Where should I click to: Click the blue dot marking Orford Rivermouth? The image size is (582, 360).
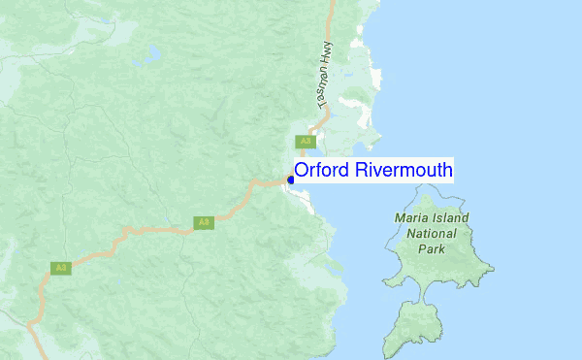(x=291, y=180)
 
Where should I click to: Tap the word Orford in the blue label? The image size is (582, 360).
(x=322, y=171)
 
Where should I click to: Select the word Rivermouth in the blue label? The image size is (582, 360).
(x=403, y=171)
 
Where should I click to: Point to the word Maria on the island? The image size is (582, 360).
(x=411, y=218)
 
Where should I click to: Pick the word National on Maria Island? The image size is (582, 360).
(x=432, y=234)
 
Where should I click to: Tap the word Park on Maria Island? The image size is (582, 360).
(x=432, y=249)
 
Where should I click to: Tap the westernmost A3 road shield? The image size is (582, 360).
(x=60, y=267)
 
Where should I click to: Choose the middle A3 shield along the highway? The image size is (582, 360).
(x=203, y=222)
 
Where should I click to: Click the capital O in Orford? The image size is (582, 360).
(x=302, y=171)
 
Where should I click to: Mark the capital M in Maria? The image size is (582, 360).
(x=401, y=218)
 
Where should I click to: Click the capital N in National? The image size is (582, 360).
(x=411, y=234)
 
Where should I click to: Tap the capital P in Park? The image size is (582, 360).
(x=422, y=249)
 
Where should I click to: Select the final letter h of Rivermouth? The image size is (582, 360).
(x=446, y=171)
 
